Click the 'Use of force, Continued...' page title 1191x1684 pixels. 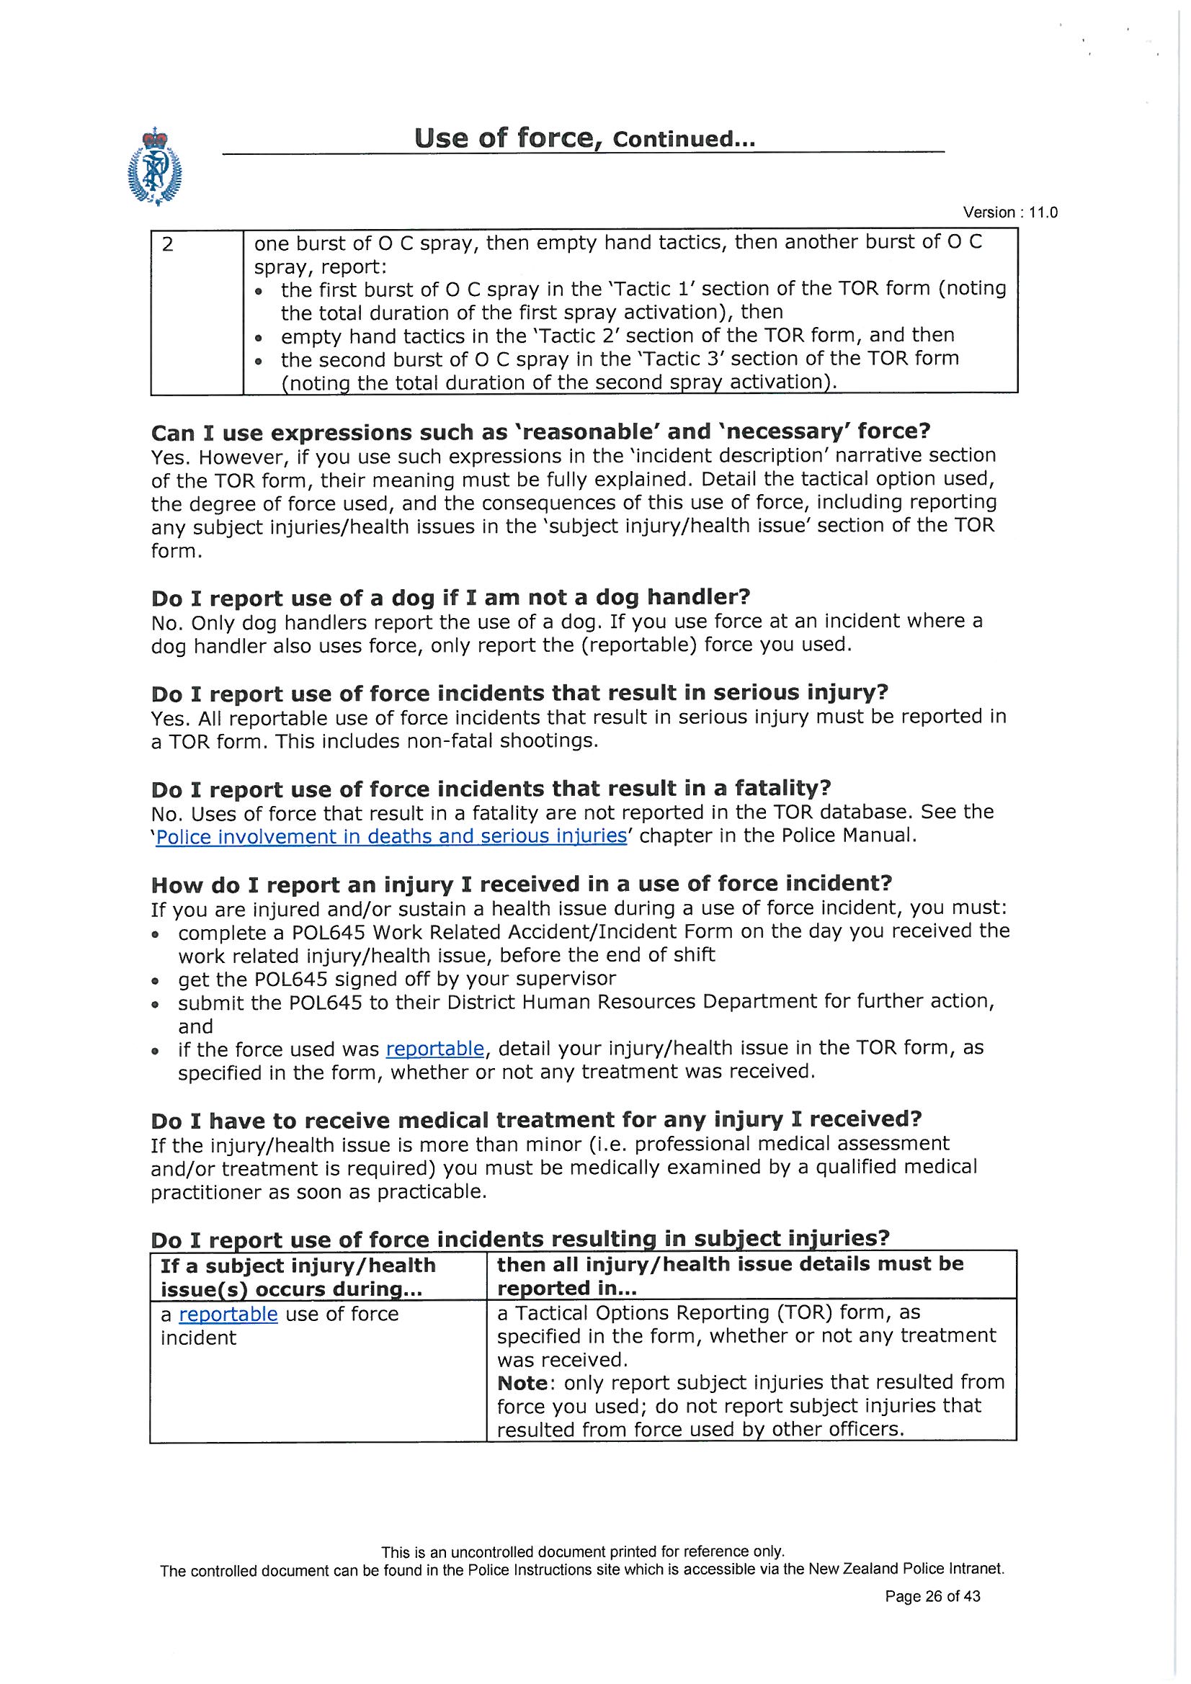(584, 138)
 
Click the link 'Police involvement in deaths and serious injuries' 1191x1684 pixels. (391, 837)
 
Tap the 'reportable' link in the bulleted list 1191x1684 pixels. (434, 1049)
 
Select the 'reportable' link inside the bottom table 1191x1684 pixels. (228, 1314)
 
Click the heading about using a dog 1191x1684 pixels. (450, 598)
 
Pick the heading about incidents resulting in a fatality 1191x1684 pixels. (490, 789)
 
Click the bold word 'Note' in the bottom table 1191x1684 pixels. (522, 1382)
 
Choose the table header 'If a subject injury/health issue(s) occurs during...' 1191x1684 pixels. (298, 1277)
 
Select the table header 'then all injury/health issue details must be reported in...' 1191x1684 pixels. (730, 1276)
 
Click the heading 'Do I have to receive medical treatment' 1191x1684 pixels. (535, 1120)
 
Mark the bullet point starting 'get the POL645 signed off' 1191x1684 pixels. (396, 979)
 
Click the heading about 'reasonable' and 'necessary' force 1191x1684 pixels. (540, 431)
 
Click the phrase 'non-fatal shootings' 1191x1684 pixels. (499, 740)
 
